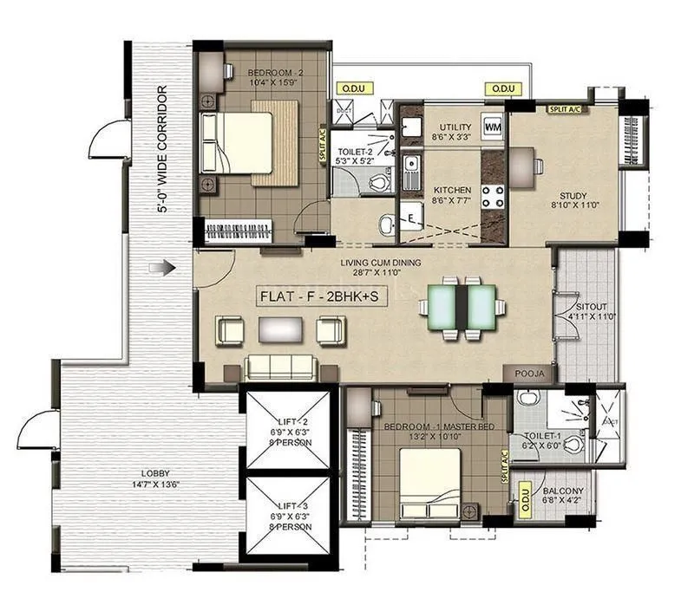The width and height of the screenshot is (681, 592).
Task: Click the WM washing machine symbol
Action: tap(493, 127)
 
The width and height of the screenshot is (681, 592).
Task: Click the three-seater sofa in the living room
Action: tap(279, 368)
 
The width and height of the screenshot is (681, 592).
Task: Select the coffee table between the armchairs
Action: tap(280, 329)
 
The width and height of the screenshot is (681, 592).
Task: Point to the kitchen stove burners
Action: tap(493, 195)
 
